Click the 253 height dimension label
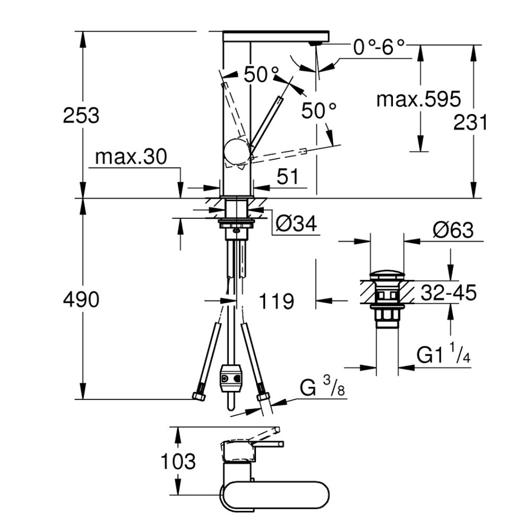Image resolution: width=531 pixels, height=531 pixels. pyautogui.click(x=81, y=115)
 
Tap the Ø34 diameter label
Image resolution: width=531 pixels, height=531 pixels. pyautogui.click(x=296, y=224)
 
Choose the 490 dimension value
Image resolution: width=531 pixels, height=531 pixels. pyautogui.click(x=81, y=300)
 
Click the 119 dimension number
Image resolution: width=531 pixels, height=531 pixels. pyautogui.click(x=276, y=302)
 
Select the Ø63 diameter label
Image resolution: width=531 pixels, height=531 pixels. pyautogui.click(x=452, y=230)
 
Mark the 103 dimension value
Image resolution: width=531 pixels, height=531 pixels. pyautogui.click(x=178, y=461)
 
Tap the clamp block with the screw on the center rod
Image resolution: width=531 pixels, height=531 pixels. pyautogui.click(x=229, y=376)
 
